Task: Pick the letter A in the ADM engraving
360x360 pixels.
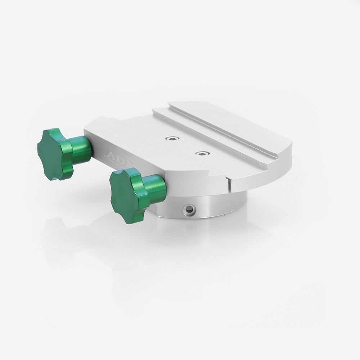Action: tap(111, 155)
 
